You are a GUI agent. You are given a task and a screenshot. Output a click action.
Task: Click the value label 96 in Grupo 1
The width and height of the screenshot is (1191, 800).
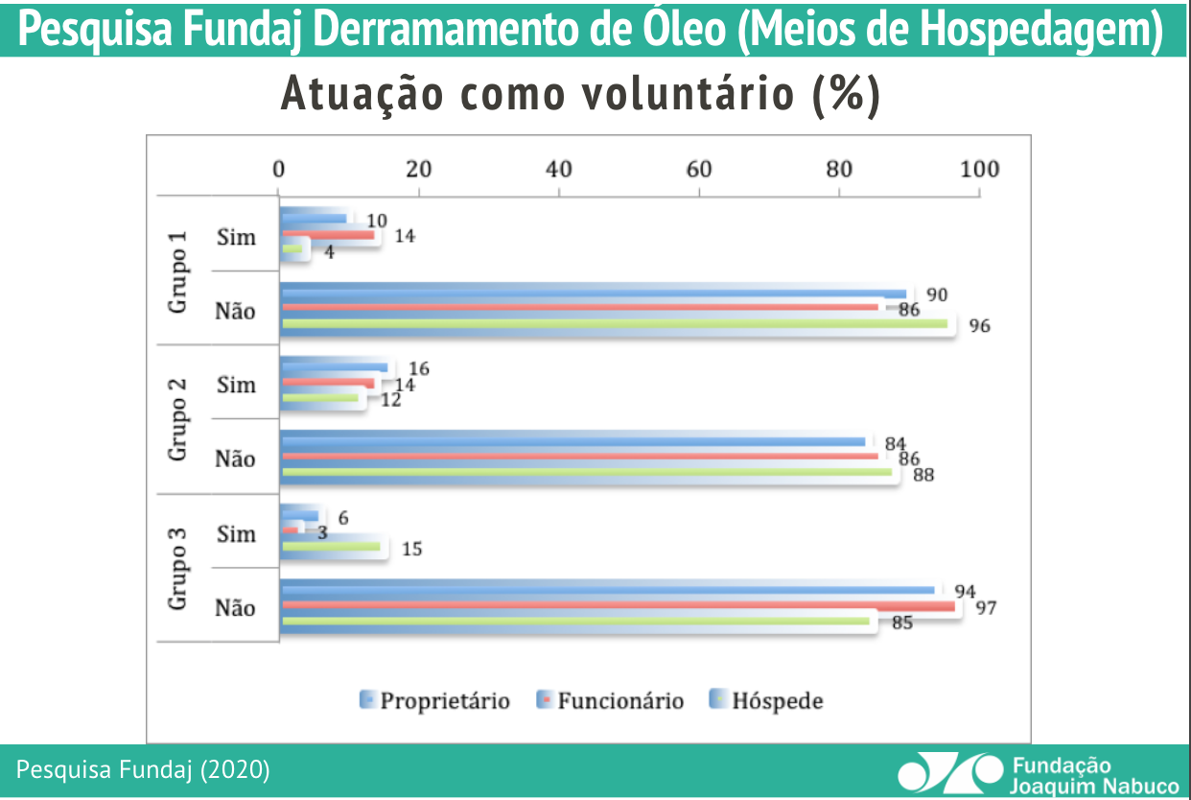point(979,326)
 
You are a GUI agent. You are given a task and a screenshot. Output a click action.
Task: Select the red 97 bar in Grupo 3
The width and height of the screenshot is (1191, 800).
point(619,606)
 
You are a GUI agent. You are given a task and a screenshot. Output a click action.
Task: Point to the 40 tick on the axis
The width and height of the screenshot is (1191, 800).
point(558,170)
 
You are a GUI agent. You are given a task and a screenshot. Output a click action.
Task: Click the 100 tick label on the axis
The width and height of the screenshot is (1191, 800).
point(978,170)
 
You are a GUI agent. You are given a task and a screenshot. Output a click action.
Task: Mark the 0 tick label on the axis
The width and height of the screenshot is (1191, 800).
point(278,170)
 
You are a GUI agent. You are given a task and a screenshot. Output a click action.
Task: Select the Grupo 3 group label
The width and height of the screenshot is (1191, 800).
point(178,569)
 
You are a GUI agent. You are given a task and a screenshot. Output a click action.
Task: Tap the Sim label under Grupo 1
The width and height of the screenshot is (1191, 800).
point(236,237)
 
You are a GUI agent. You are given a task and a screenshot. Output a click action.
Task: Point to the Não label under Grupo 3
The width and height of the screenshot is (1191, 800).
point(235,607)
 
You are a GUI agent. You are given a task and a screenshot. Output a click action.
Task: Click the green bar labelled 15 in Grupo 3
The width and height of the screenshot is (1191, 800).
point(331,547)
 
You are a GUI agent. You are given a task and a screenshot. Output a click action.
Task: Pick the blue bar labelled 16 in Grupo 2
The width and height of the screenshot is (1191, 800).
point(335,367)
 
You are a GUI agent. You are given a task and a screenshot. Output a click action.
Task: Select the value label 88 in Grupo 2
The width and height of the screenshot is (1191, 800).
point(923,475)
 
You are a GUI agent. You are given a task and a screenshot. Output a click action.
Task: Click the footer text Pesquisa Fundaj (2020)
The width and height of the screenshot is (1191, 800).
point(144,769)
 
